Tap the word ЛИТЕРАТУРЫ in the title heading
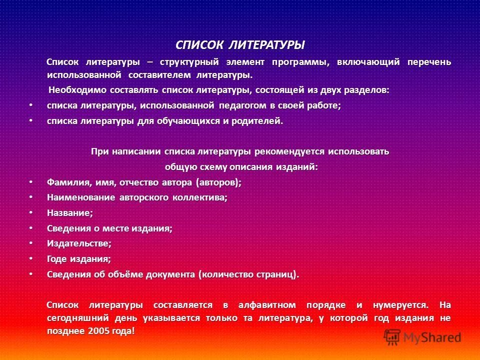266,45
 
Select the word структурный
190,62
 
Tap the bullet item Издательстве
79,244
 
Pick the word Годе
57,259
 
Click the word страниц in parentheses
277,275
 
